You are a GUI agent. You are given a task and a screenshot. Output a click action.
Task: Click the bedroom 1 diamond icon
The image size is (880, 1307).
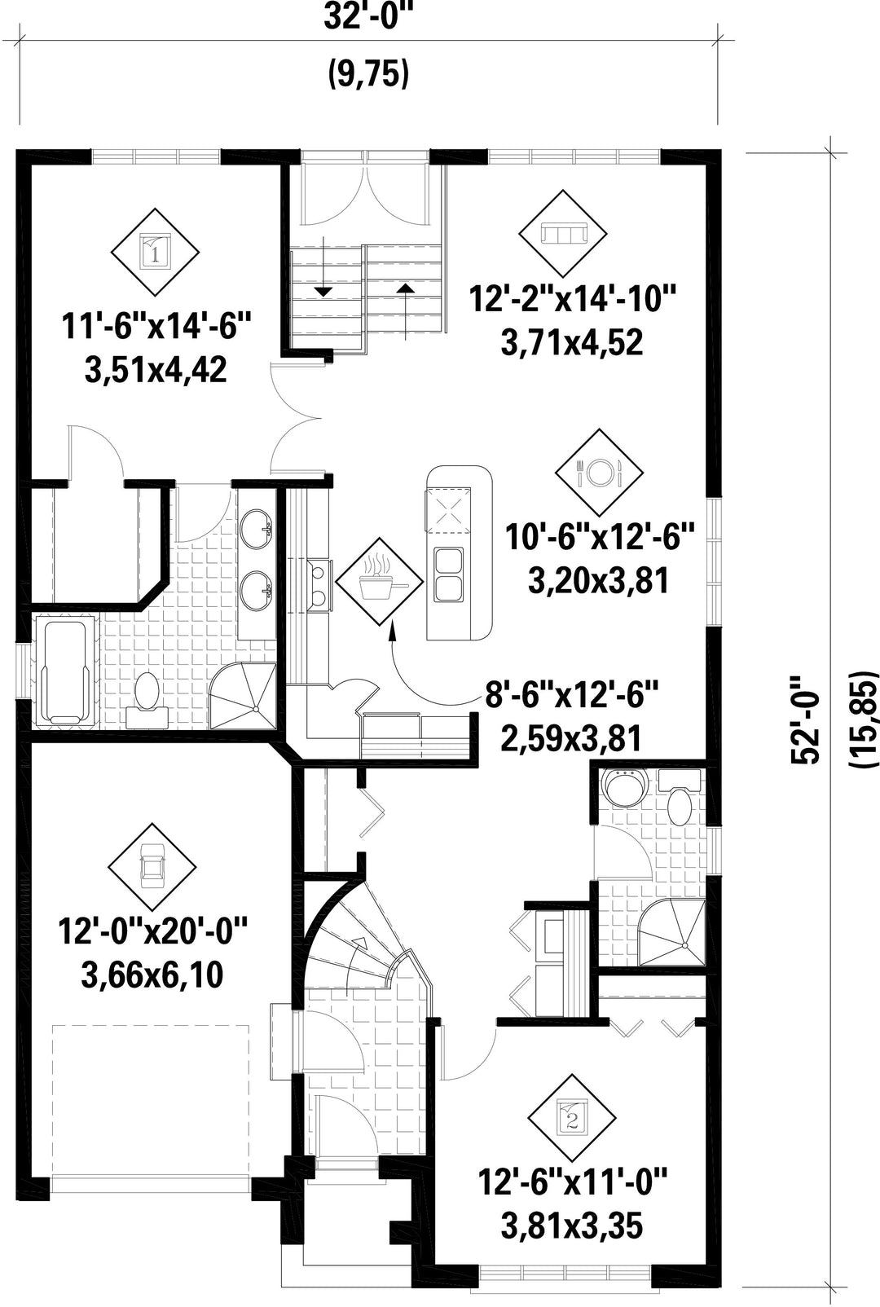(x=155, y=253)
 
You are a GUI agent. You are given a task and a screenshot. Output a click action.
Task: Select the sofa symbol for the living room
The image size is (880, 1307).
(x=562, y=233)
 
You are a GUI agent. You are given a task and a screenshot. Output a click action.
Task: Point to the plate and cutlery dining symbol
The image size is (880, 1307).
(x=599, y=473)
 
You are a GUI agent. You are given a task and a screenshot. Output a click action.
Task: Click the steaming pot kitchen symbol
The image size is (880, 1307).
(x=379, y=581)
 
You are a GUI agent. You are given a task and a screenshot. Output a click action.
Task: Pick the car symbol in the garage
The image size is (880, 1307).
(x=152, y=868)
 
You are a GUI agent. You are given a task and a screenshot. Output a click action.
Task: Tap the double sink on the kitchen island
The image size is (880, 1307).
(x=448, y=574)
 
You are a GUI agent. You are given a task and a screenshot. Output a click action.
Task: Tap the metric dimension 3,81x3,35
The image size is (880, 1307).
(x=572, y=1229)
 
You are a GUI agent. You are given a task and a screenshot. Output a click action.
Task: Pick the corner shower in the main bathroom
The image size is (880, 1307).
(x=242, y=696)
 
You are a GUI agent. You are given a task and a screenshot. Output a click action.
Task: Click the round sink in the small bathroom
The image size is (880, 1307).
(x=627, y=787)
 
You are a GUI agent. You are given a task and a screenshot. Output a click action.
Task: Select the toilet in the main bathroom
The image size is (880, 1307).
(x=147, y=693)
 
